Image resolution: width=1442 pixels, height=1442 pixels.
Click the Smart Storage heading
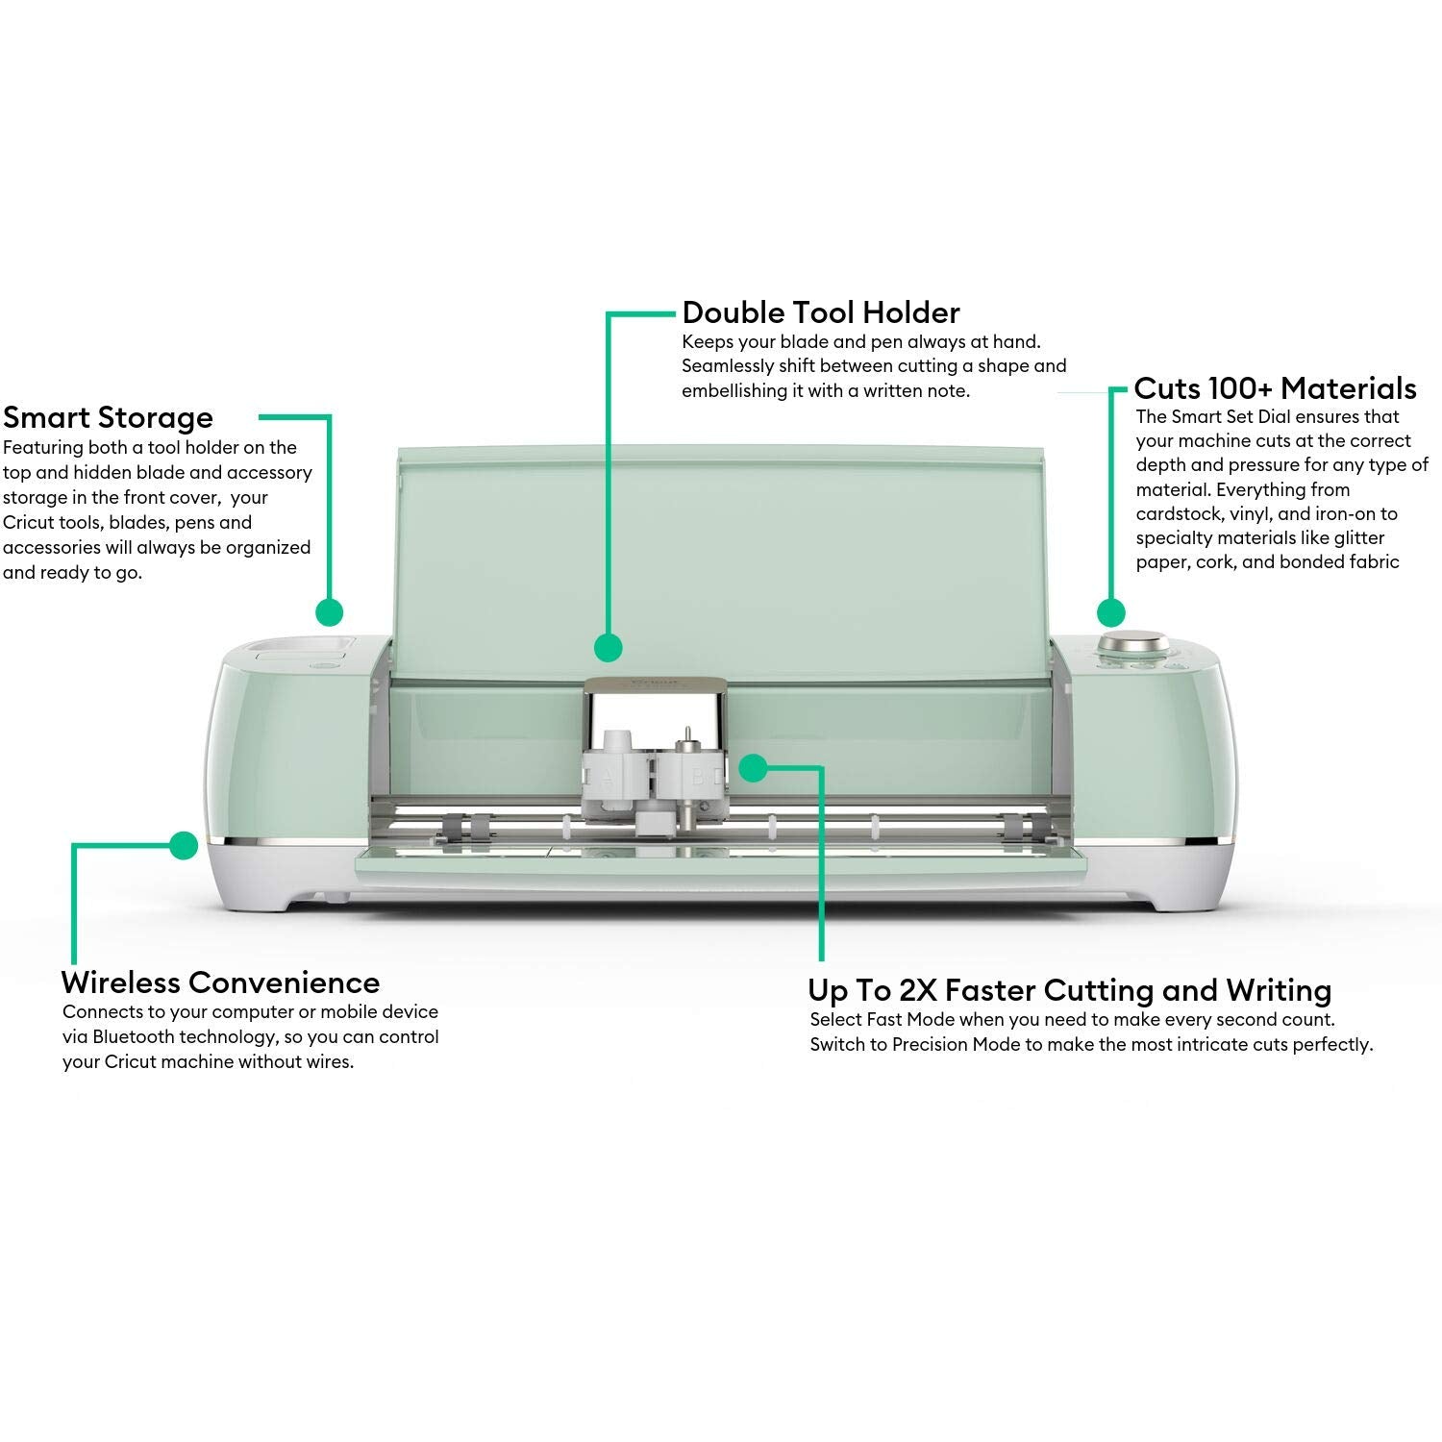click(108, 418)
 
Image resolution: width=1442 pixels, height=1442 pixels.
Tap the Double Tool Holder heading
click(820, 312)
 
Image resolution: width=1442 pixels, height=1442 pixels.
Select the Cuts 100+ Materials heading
click(1275, 388)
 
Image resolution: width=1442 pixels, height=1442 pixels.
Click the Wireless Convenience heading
click(220, 982)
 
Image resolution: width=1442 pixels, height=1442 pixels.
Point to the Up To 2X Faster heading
click(1069, 990)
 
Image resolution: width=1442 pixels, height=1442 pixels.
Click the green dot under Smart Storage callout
click(329, 612)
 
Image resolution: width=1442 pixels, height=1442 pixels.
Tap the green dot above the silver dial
click(1111, 612)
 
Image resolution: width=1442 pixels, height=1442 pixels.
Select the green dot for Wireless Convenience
click(183, 845)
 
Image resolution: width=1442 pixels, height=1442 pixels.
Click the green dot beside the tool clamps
click(753, 767)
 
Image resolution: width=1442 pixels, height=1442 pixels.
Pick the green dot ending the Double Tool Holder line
click(608, 647)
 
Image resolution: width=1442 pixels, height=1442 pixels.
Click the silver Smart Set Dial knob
click(1134, 643)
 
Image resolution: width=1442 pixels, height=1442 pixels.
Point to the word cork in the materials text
click(1215, 562)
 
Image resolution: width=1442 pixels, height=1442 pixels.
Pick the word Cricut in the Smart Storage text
click(30, 523)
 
